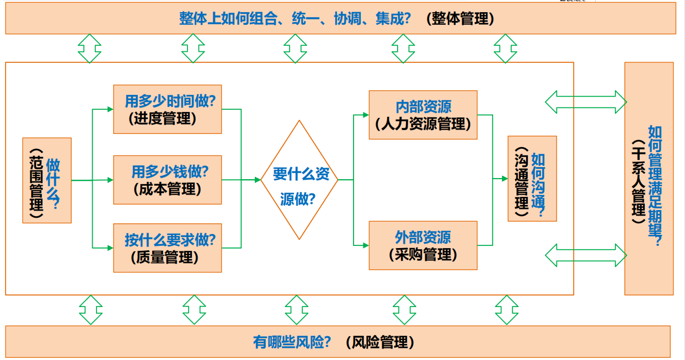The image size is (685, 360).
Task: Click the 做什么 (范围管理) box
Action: (47, 180)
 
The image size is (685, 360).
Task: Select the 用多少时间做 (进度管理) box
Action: (167, 109)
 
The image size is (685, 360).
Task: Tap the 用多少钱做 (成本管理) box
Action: (167, 180)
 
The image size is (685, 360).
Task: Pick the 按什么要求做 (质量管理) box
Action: (167, 248)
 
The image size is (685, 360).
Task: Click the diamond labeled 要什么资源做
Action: (299, 180)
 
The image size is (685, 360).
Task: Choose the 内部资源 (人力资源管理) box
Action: (422, 115)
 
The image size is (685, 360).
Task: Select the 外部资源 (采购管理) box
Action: (422, 245)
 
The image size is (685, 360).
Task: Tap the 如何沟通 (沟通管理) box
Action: (532, 179)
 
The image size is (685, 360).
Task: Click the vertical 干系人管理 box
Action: (649, 179)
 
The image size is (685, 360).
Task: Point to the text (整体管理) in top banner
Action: (461, 19)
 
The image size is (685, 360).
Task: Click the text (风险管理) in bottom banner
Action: (380, 342)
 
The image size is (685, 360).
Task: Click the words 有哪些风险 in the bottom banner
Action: (292, 342)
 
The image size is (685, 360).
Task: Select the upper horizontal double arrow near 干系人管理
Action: (586, 101)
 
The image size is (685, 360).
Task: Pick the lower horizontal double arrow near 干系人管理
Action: (586, 255)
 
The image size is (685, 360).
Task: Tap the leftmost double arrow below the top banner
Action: (89, 49)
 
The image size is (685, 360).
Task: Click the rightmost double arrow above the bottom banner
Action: (506, 310)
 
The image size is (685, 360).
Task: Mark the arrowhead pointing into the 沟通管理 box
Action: (504, 179)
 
